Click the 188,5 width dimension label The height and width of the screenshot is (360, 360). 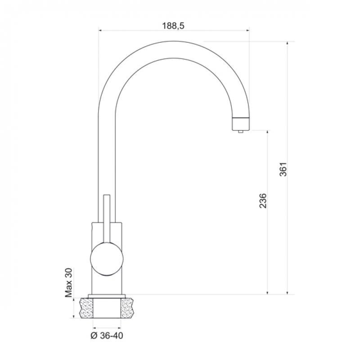point(173,26)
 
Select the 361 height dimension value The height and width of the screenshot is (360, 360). point(283,169)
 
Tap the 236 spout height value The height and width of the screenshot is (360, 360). point(263,201)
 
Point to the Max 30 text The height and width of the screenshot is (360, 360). point(68,283)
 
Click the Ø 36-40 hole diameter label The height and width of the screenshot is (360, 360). point(107,336)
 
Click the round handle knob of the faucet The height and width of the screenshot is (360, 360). point(107,259)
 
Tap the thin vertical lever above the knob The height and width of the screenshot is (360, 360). point(107,219)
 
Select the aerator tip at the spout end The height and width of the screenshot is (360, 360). point(241,124)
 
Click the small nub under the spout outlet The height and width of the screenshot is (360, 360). point(241,131)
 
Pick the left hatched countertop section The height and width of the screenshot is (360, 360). point(86,308)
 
